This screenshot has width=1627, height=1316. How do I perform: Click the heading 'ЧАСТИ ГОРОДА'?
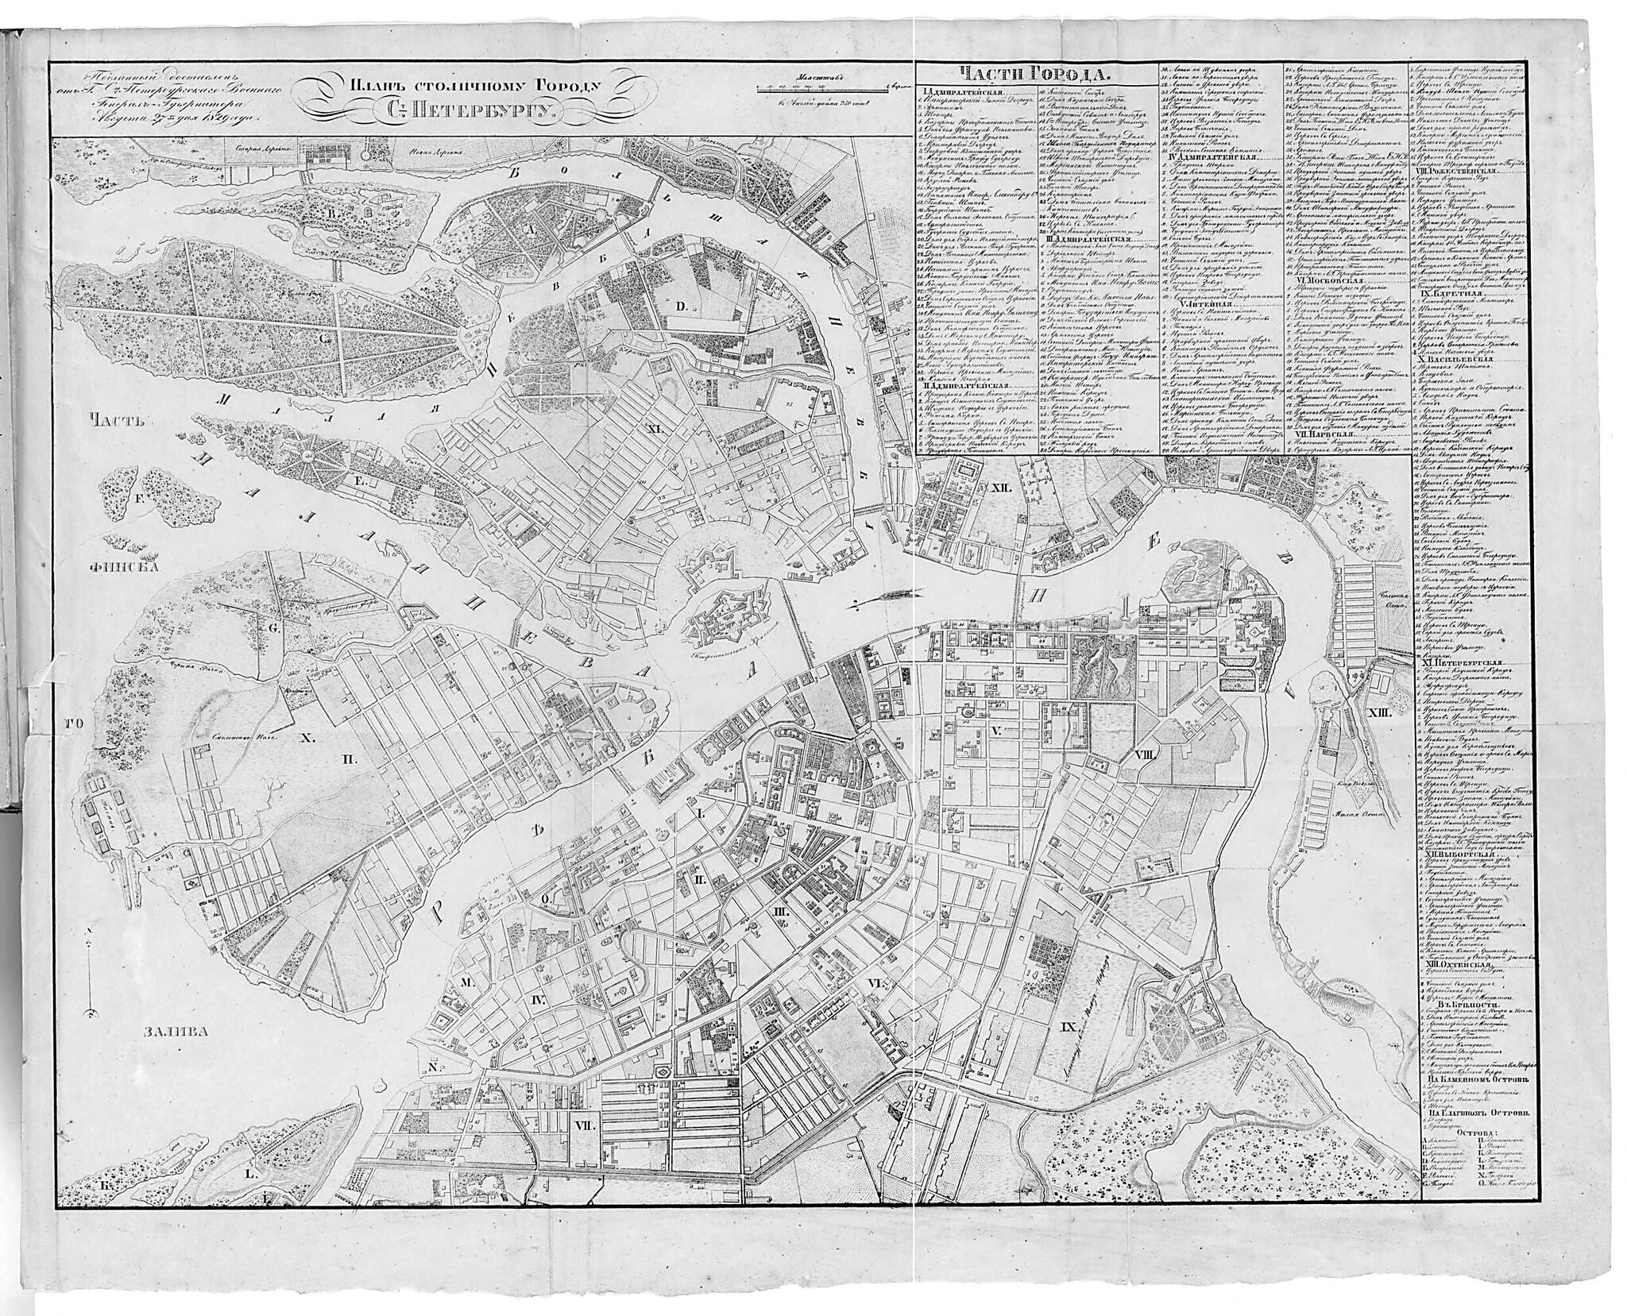tap(1033, 75)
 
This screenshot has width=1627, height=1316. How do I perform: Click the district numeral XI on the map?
tap(655, 430)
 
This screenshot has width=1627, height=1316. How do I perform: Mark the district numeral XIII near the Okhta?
tap(1380, 712)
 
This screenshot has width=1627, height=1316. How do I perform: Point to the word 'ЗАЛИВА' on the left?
tap(176, 1033)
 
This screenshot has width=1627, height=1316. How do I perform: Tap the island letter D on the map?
tap(680, 306)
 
